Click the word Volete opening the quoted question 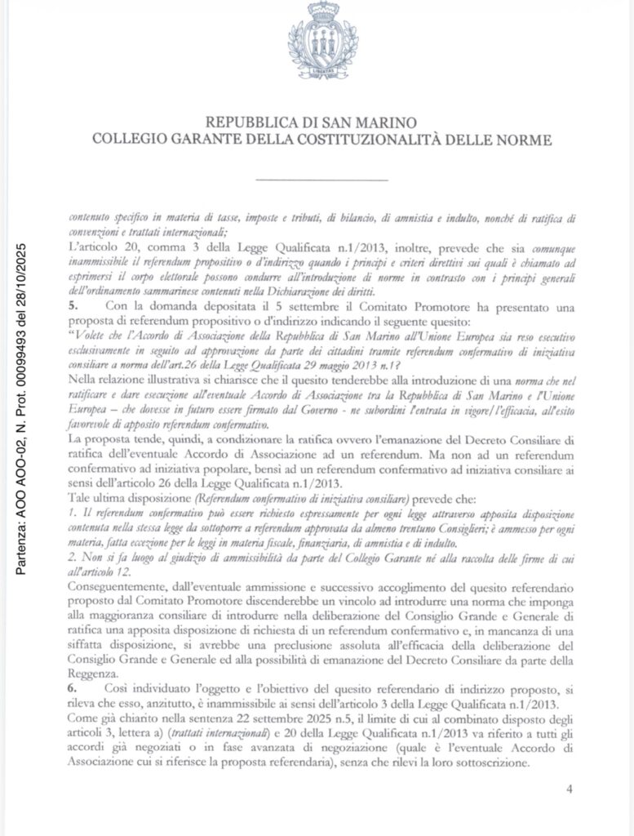pyautogui.click(x=95, y=346)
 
